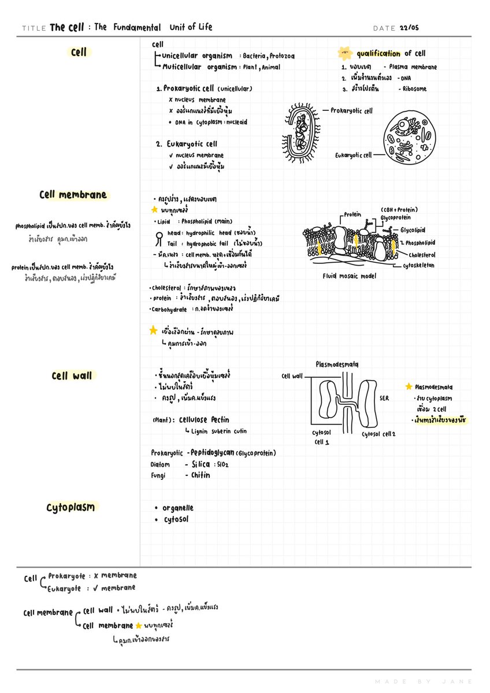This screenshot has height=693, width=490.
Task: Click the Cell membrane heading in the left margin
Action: (73, 195)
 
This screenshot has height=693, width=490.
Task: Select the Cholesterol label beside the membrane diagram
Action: (422, 255)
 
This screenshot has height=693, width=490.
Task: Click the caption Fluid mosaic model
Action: (349, 276)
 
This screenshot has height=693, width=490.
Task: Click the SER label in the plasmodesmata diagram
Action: (384, 398)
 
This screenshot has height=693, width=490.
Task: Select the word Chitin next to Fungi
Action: (201, 475)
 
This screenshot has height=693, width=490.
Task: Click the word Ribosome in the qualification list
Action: (415, 89)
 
